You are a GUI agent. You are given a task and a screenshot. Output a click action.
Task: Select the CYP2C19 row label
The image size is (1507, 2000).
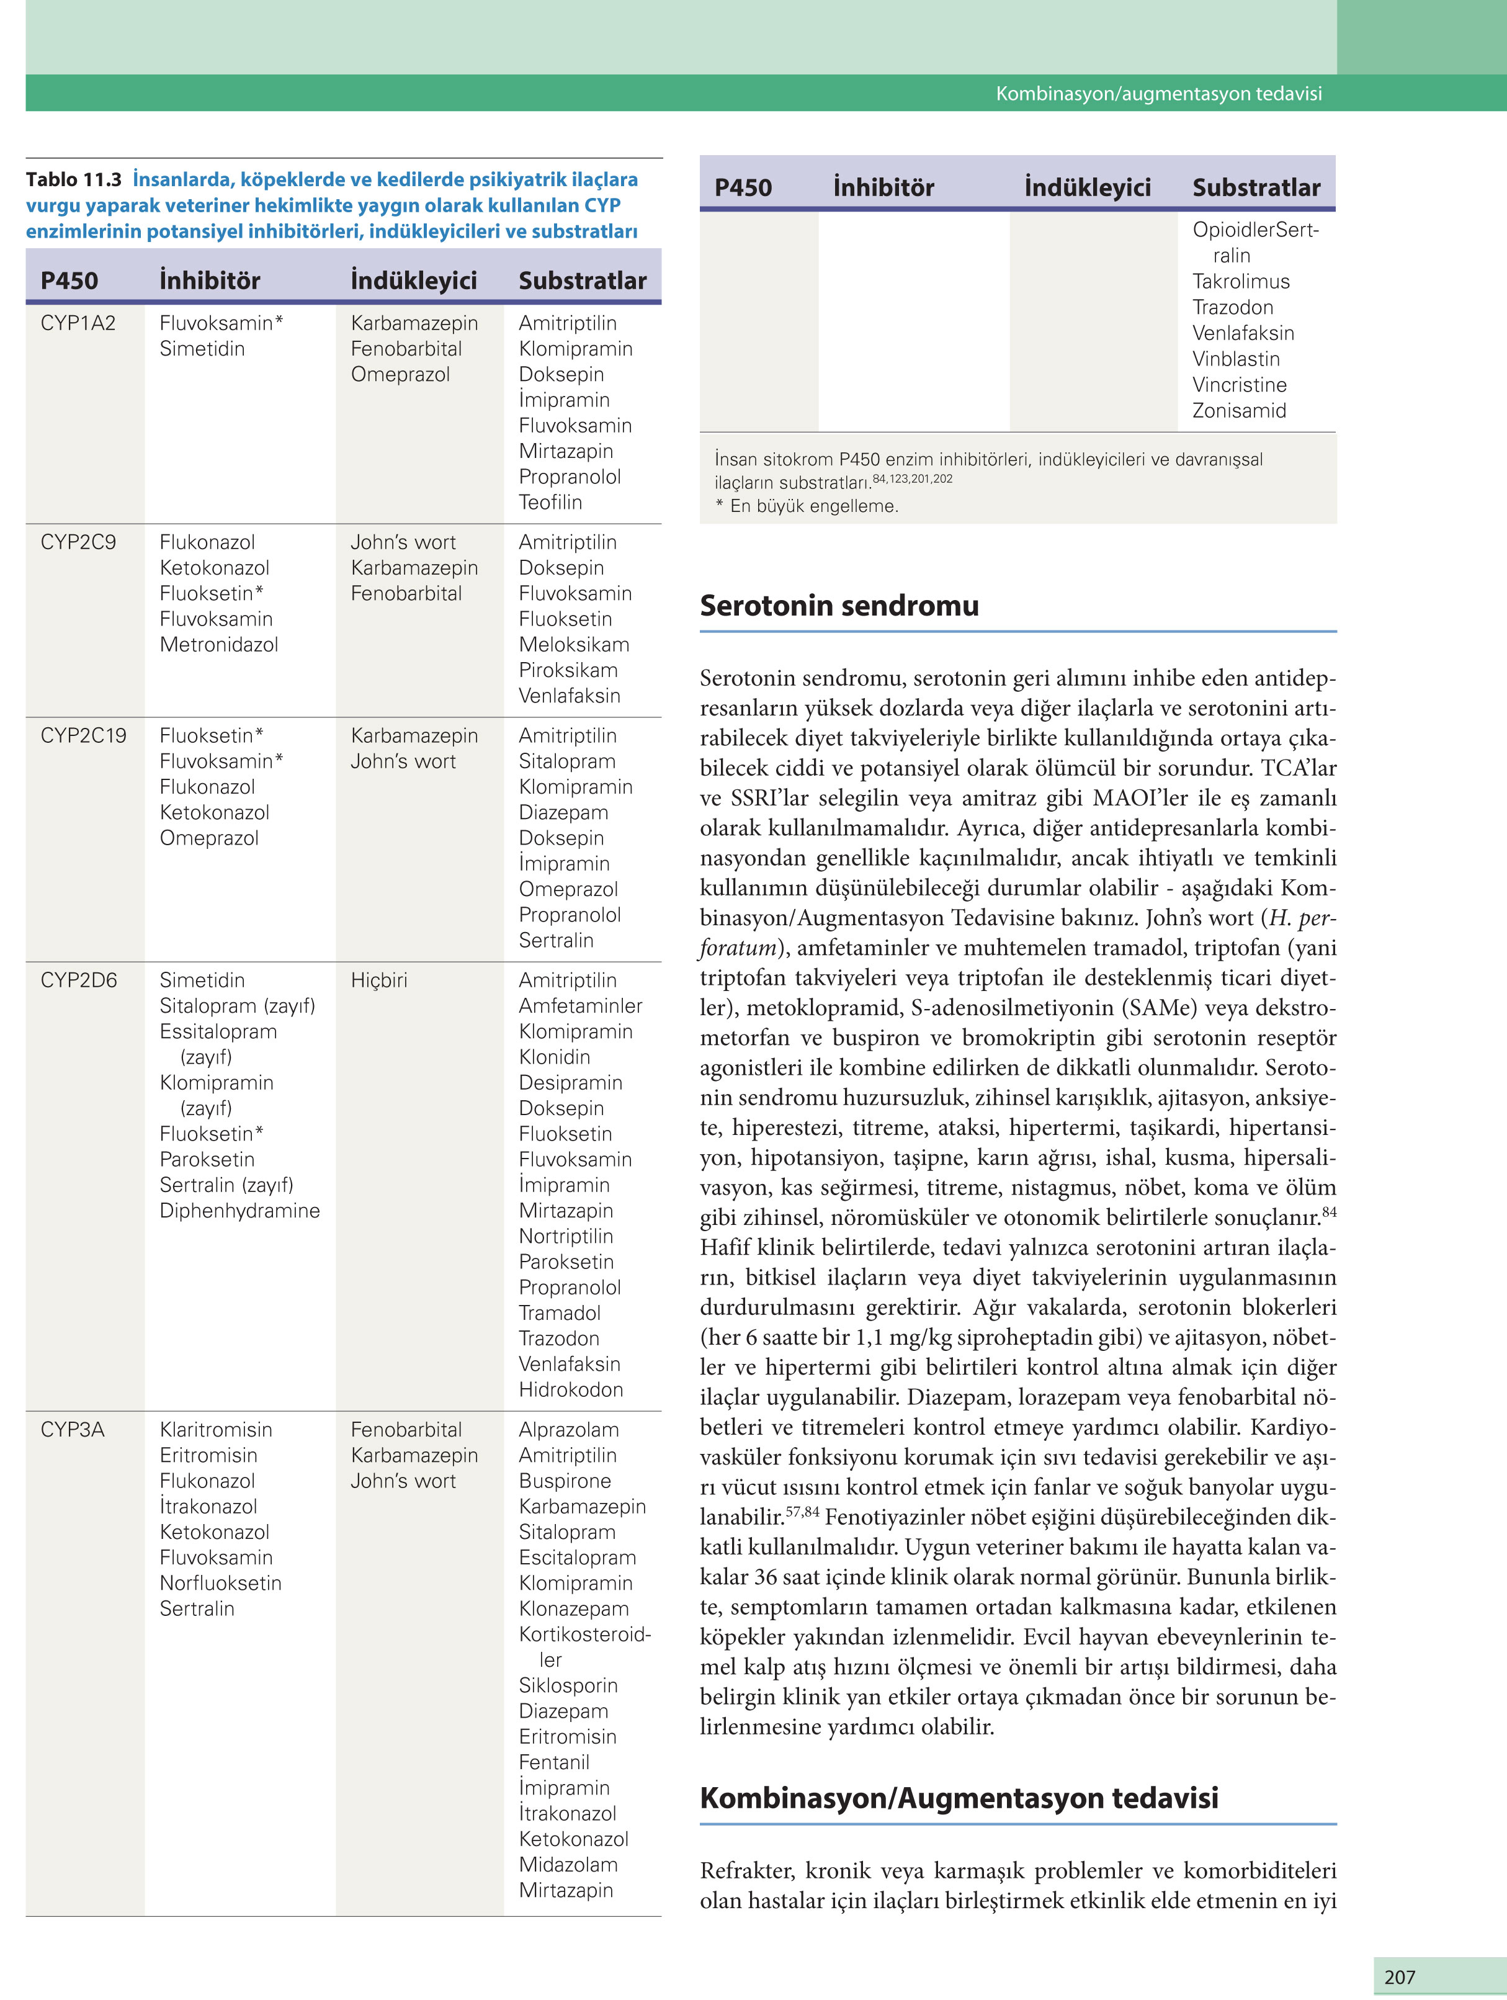point(83,735)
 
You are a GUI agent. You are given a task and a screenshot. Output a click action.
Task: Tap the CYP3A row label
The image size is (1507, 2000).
point(73,1430)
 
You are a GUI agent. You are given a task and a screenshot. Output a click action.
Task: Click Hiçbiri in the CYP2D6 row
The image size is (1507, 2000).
point(379,980)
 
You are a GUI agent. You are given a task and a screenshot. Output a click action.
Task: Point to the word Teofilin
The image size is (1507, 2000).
point(550,502)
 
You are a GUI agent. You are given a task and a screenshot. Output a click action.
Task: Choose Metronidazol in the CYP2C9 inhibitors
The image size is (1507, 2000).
point(219,645)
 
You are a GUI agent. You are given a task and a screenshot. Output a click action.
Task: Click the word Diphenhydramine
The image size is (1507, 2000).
point(239,1211)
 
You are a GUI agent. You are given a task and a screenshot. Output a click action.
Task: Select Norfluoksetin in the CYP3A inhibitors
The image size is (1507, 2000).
point(221,1583)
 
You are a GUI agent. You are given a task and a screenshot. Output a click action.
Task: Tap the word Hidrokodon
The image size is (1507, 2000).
point(570,1389)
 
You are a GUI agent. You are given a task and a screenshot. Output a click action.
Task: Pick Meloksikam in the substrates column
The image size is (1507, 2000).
point(574,645)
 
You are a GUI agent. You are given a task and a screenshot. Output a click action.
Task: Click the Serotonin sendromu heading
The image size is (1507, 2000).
point(839,605)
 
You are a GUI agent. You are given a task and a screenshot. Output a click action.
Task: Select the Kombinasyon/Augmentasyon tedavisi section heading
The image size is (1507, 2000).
point(959,1798)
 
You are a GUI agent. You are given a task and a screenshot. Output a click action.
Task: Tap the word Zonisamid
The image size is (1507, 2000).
point(1238,411)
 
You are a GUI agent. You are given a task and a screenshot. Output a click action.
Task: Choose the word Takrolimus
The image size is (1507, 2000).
point(1240,281)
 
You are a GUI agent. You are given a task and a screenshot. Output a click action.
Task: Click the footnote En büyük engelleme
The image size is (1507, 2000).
point(813,506)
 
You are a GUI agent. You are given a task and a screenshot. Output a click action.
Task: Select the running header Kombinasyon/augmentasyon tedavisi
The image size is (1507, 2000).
point(1158,93)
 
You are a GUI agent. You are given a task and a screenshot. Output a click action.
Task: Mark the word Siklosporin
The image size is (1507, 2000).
point(568,1685)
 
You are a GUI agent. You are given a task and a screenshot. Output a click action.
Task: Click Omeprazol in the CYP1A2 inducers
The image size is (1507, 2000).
point(400,374)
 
